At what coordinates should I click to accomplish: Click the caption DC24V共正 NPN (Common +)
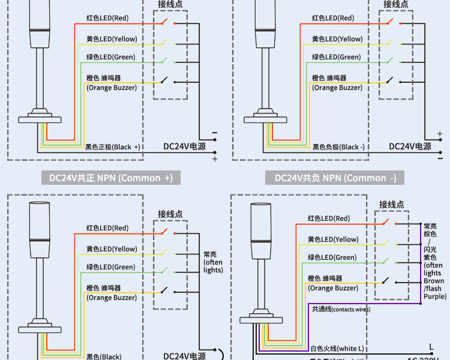point(110,178)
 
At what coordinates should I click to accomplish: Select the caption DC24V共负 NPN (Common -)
point(335,178)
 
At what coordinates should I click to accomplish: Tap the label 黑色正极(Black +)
point(112,147)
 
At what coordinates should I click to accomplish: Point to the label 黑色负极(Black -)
point(338,147)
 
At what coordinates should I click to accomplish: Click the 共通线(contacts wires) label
point(341,309)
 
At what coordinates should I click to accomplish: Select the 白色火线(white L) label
point(337,349)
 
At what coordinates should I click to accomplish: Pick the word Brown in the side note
point(434,281)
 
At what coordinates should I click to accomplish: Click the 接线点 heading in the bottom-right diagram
point(391,205)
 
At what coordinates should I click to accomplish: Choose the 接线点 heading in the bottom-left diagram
point(170,214)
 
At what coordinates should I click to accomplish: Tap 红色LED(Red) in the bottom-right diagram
point(329,219)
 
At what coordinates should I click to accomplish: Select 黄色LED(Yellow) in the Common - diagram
point(337,39)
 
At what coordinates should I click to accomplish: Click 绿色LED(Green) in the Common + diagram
point(110,57)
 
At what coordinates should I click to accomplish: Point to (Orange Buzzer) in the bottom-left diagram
point(112,298)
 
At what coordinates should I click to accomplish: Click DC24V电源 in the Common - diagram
point(410,146)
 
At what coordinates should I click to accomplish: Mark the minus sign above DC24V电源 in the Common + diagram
point(215,133)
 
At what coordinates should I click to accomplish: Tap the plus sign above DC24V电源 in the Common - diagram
point(440,134)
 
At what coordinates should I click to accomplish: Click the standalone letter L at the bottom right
point(431,347)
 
